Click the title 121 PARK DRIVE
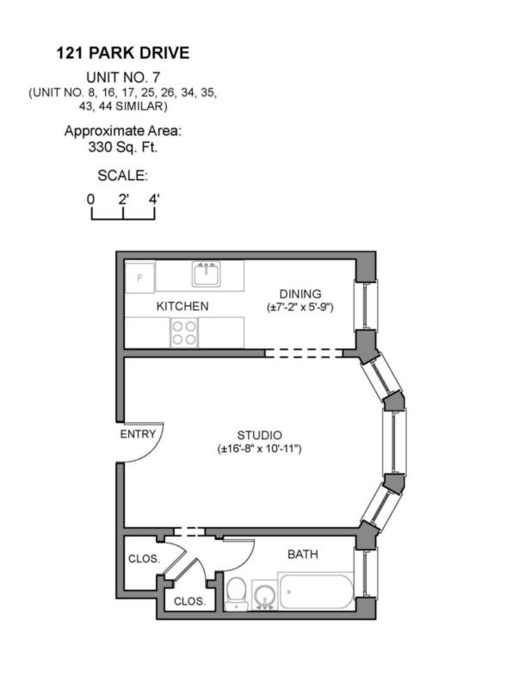click(122, 53)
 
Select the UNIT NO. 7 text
click(122, 76)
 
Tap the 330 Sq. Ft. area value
click(122, 146)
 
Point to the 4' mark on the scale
click(155, 199)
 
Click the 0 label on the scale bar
click(90, 199)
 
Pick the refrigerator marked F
click(139, 277)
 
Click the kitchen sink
click(206, 275)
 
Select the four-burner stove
click(183, 332)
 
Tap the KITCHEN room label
click(182, 306)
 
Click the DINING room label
click(300, 293)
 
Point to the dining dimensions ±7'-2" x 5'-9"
click(300, 307)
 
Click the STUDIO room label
click(259, 435)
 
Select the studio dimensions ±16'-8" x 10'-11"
click(259, 449)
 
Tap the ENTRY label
click(138, 434)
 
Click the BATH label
click(302, 554)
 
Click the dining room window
click(368, 305)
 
